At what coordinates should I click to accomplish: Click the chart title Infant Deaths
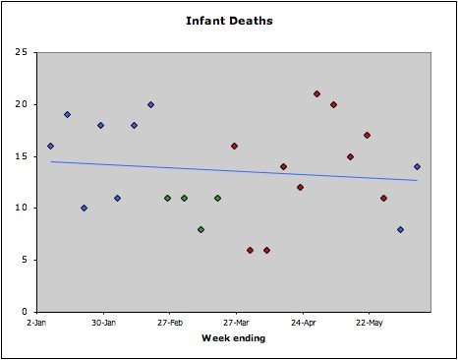228,20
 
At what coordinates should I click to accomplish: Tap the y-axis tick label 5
23,260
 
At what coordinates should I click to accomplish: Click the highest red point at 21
317,94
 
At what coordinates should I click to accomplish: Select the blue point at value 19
68,115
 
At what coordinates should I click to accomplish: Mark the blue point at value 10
85,208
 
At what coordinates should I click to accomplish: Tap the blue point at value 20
150,104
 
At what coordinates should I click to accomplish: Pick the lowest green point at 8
200,229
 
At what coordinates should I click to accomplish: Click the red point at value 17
367,136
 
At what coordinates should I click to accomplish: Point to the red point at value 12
301,187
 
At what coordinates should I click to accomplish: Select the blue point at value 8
400,229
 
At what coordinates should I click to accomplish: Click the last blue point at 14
417,166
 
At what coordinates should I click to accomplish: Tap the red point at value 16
234,146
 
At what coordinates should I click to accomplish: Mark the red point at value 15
350,156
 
